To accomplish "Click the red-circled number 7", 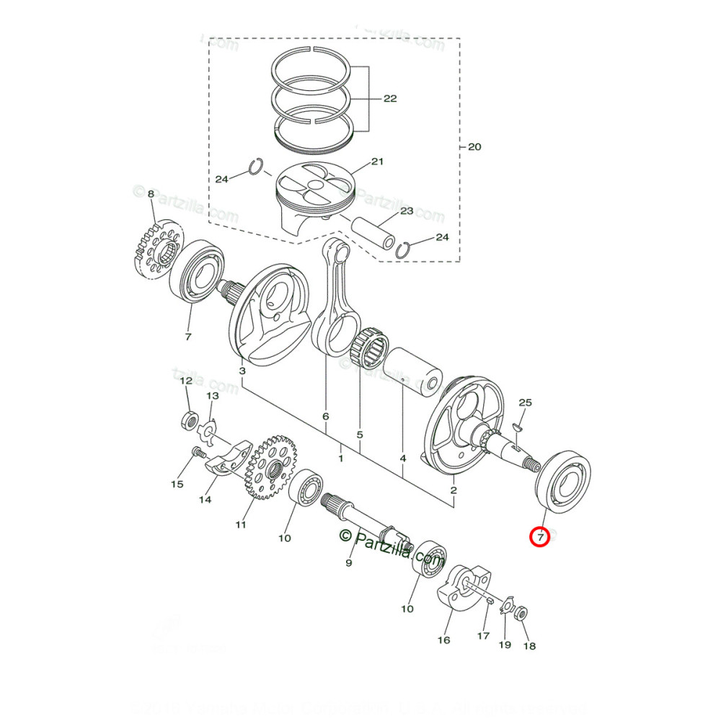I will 540,536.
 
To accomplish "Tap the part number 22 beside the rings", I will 389,99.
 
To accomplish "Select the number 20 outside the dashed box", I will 474,147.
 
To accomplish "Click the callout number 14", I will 205,499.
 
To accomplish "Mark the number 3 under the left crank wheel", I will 242,371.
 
